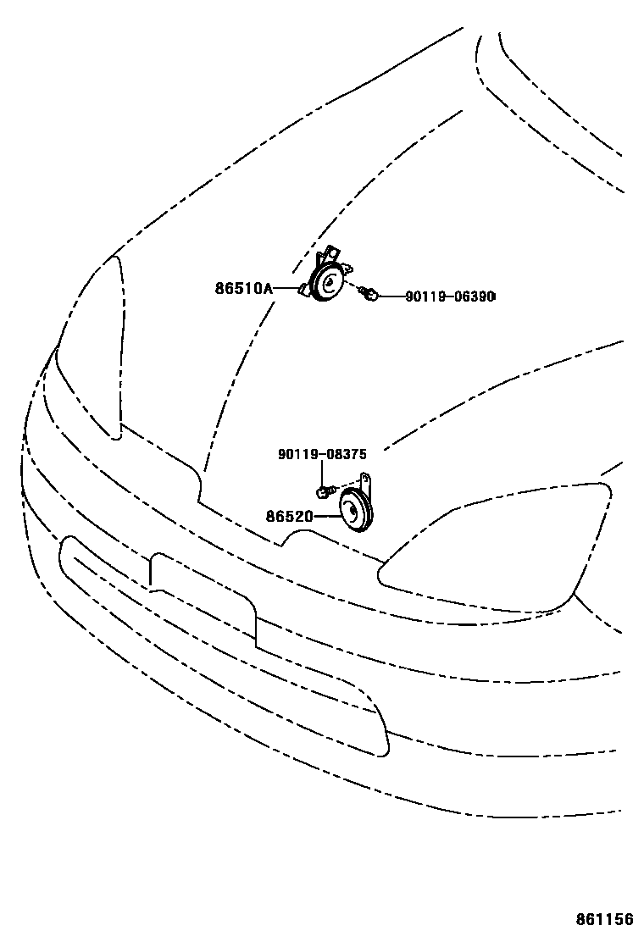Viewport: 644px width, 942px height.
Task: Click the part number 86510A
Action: coord(243,289)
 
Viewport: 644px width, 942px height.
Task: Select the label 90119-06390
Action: coord(449,296)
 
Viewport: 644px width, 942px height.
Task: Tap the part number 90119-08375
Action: coord(322,455)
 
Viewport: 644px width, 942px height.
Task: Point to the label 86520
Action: coord(290,515)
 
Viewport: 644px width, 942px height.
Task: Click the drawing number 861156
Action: coord(604,920)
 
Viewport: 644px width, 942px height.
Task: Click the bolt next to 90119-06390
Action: coord(367,294)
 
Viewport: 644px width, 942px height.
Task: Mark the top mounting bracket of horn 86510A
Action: coord(330,253)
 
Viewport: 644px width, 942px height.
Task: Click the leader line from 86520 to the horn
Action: coord(326,515)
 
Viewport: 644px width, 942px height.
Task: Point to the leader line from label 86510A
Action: coord(284,289)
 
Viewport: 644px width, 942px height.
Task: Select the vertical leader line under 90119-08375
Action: coord(322,473)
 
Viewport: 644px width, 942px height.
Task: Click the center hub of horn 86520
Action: coord(354,511)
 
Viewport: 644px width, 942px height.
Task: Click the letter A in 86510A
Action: coord(268,289)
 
